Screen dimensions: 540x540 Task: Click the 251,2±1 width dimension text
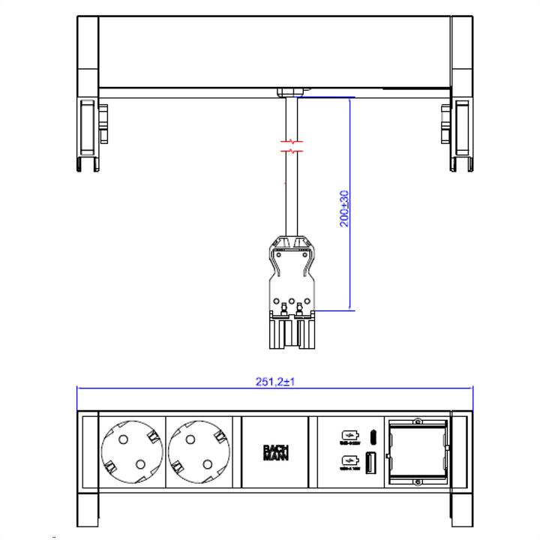tap(274, 381)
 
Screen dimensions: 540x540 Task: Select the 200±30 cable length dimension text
tap(344, 208)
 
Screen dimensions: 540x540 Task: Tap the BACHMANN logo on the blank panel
tap(275, 454)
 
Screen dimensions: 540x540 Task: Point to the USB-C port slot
tap(371, 436)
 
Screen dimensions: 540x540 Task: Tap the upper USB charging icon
tap(349, 436)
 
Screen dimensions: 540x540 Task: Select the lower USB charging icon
tap(349, 463)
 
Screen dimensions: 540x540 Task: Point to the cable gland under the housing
tap(291, 92)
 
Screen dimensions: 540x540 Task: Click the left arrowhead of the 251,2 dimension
tap(80, 388)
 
